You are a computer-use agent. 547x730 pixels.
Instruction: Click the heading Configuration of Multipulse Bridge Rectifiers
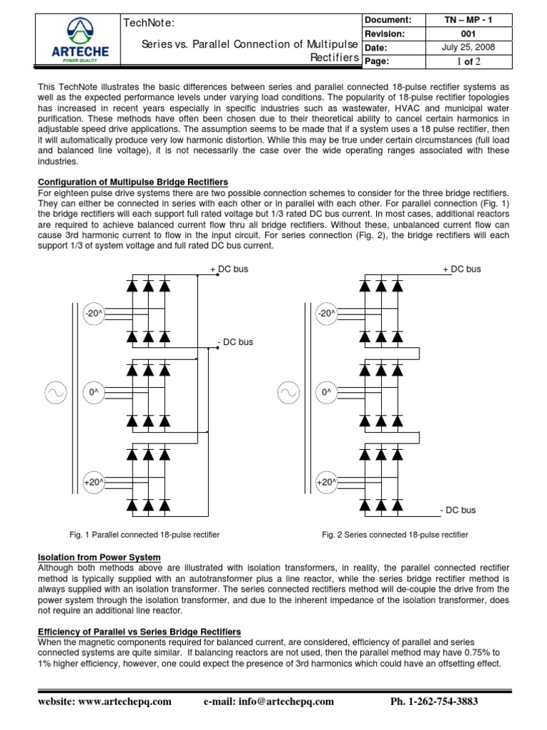click(132, 182)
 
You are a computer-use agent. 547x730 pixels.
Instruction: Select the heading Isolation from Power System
click(99, 557)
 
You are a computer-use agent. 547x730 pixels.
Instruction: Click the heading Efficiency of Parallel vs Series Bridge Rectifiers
click(139, 632)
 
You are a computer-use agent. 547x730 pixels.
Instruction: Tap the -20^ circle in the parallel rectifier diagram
click(93, 313)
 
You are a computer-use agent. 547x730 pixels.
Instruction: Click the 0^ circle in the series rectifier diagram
click(327, 392)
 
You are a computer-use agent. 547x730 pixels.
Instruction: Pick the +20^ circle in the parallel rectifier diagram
click(93, 482)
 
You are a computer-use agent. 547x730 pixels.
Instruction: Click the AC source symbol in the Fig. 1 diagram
click(55, 392)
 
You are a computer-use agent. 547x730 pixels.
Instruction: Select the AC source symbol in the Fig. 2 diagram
click(288, 392)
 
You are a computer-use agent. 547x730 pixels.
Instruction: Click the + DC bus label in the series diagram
click(462, 269)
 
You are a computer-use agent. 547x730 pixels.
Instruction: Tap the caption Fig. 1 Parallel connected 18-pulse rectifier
click(144, 534)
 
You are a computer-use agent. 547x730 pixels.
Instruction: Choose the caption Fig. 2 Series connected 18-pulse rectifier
click(395, 534)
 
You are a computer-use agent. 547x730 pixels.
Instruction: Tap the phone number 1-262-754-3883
click(434, 701)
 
